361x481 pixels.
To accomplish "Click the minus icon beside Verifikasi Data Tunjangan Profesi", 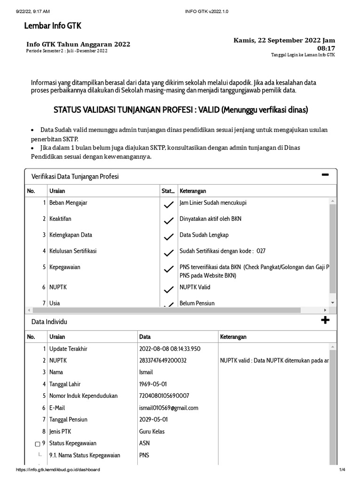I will (325, 175).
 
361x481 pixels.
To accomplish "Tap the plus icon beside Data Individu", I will (325, 320).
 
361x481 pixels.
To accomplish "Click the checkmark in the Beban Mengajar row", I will (168, 205).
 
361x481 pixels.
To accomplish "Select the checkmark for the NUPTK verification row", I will (168, 289).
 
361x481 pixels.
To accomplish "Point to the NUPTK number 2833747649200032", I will (163, 361).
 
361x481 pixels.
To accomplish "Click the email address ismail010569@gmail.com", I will (169, 408).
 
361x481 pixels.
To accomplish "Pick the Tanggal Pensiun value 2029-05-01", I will (153, 419).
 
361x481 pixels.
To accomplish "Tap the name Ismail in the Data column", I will (146, 372).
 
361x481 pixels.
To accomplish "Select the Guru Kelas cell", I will (152, 431).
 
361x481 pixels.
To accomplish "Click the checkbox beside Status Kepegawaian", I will (38, 444).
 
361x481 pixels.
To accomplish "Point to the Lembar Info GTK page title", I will (53, 26).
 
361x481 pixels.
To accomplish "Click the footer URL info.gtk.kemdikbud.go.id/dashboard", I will (58, 470).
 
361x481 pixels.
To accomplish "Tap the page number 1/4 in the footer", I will (342, 470).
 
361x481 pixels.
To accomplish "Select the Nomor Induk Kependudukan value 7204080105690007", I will (164, 396).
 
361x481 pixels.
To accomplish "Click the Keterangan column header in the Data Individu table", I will (233, 337).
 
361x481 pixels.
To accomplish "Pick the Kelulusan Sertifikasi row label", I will (73, 251).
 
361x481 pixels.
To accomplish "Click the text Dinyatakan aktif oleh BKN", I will (210, 219).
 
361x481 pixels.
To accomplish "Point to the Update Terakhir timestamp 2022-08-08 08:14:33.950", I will (170, 349).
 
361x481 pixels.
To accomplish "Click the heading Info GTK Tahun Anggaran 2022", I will (78, 44).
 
